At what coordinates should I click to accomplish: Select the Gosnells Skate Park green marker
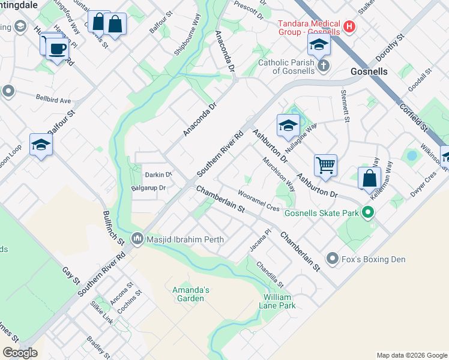(x=370, y=213)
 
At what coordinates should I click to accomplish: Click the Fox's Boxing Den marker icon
(x=333, y=259)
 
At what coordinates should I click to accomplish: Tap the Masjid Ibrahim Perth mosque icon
(x=139, y=239)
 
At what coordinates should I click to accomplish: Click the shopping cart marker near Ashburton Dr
(x=325, y=164)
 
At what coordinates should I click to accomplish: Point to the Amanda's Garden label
(x=191, y=294)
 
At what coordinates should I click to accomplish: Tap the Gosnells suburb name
(x=369, y=71)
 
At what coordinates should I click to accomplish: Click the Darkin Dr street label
(x=158, y=175)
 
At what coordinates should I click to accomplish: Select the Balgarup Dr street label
(x=148, y=188)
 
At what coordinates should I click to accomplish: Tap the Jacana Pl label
(x=264, y=241)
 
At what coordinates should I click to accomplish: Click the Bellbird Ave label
(x=53, y=100)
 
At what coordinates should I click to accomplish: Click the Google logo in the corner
(x=19, y=353)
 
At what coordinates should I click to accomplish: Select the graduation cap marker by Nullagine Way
(x=288, y=125)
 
